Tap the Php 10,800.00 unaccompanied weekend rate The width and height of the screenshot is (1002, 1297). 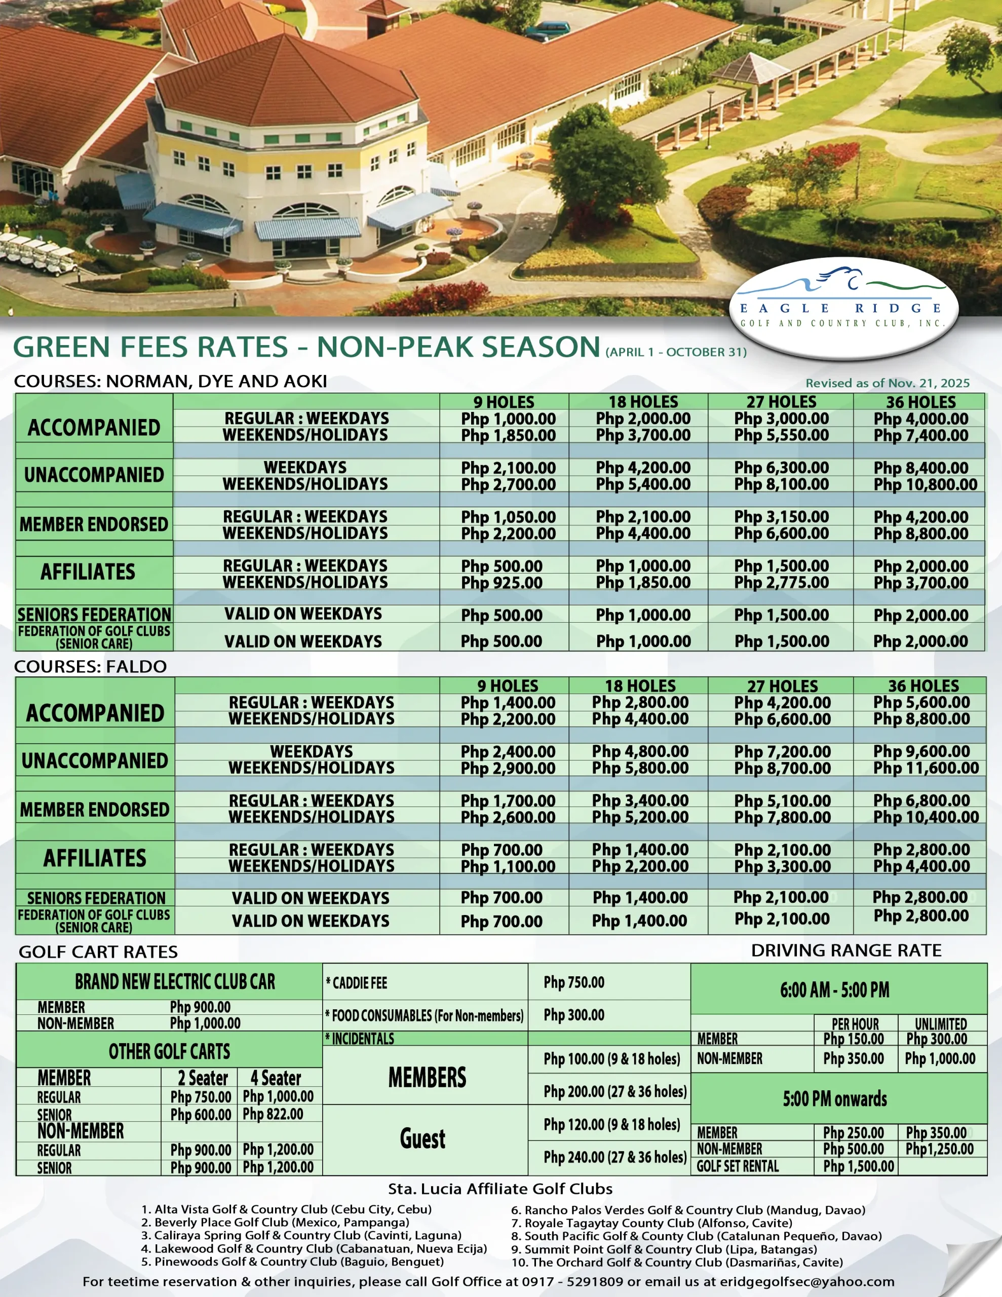(925, 484)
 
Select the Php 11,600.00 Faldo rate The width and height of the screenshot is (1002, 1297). (926, 768)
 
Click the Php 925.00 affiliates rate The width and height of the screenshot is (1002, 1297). (502, 583)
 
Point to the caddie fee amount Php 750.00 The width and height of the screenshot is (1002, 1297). (574, 982)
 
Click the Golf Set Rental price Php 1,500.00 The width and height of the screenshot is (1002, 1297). (858, 1166)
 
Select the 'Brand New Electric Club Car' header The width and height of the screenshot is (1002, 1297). (175, 982)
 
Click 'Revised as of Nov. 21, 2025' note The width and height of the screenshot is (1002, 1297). (888, 383)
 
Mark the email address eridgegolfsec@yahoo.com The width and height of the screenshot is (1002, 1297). (806, 1282)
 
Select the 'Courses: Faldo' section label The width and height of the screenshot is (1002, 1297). (90, 666)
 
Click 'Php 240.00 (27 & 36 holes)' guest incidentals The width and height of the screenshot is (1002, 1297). (615, 1157)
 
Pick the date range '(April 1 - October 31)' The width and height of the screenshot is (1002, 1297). (676, 352)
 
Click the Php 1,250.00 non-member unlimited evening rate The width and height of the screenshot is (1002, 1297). (939, 1149)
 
